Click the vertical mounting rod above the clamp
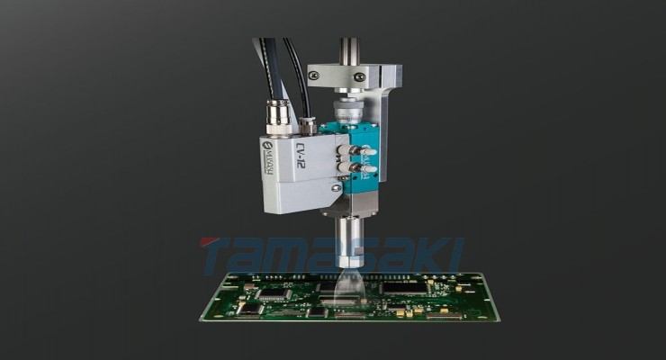point(349,49)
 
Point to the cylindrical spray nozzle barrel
point(347,238)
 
